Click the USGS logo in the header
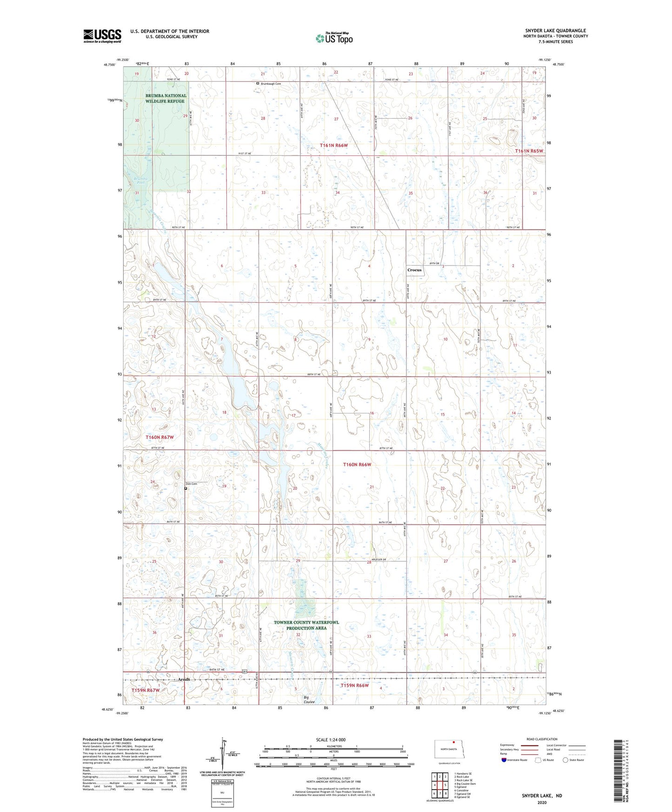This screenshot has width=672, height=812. pyautogui.click(x=102, y=36)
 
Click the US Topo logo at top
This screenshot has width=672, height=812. pyautogui.click(x=334, y=38)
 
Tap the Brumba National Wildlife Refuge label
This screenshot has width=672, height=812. pyautogui.click(x=166, y=98)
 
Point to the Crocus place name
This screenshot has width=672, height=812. pyautogui.click(x=414, y=270)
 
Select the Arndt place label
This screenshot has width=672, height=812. pyautogui.click(x=184, y=679)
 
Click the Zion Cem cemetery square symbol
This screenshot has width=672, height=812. pyautogui.click(x=186, y=488)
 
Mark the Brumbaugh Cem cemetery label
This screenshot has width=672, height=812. pyautogui.click(x=271, y=84)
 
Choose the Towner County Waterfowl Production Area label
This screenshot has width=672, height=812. pyautogui.click(x=306, y=625)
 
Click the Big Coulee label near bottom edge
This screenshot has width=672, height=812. pyautogui.click(x=309, y=699)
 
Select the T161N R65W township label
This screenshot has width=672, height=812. pyautogui.click(x=529, y=151)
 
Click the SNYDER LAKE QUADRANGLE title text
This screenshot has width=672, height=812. pyautogui.click(x=555, y=30)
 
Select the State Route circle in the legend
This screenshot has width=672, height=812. pyautogui.click(x=566, y=760)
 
